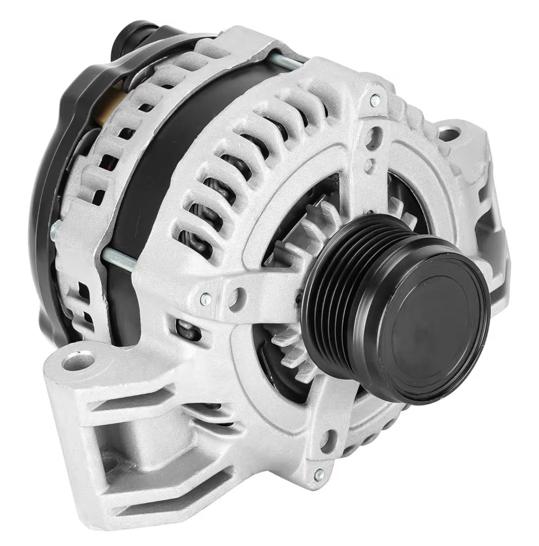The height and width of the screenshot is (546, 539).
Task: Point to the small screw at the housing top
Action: click(375, 98)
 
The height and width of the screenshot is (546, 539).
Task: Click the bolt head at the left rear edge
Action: click(55, 227)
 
